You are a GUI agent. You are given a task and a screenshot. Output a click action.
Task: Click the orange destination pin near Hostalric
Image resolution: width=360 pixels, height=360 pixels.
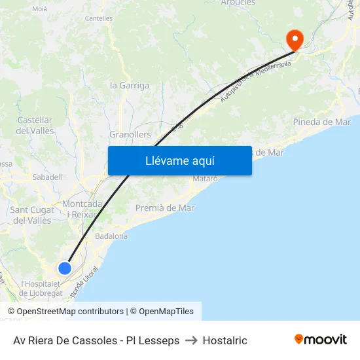[295, 40]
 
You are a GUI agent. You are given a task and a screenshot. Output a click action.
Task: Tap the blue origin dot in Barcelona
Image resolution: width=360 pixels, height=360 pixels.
[64, 268]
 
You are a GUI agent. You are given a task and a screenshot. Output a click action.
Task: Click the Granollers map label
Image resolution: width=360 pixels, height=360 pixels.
[130, 134]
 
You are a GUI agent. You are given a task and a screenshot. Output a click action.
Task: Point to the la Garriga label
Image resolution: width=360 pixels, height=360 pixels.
[130, 85]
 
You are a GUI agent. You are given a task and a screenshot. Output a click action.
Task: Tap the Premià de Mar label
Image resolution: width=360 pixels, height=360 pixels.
[165, 208]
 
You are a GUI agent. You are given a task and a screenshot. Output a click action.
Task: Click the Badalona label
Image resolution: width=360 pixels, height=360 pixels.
[111, 236]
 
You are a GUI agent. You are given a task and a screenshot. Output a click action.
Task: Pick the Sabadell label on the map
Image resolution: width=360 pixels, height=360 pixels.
[47, 177]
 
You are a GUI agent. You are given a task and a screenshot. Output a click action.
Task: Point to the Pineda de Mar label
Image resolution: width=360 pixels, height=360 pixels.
[322, 122]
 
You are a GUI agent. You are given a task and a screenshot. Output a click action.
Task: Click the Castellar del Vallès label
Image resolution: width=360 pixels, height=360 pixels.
[35, 125]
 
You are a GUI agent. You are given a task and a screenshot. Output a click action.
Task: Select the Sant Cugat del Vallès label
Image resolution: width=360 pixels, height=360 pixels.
[33, 215]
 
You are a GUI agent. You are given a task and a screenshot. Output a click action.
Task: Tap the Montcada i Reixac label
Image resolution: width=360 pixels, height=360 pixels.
[82, 209]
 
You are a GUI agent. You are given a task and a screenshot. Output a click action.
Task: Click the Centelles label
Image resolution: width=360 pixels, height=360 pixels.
[99, 18]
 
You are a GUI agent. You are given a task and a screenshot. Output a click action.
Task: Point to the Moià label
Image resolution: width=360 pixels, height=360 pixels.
[40, 9]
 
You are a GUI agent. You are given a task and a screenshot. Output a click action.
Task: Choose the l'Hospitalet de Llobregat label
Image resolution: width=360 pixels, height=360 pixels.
[42, 288]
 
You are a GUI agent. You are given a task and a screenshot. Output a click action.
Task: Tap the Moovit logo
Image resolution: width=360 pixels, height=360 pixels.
[321, 339]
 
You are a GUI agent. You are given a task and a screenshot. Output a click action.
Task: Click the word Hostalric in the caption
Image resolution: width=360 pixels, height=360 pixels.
[225, 340]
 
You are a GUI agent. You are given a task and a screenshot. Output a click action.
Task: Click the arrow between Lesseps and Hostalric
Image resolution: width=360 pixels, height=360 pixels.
[191, 340]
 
